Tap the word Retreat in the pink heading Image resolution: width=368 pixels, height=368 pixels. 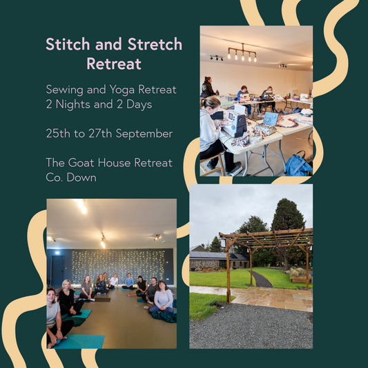(114, 64)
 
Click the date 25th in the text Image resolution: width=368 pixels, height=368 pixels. (59, 133)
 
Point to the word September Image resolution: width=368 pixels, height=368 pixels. (142, 133)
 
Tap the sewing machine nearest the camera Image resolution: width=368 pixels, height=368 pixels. (235, 123)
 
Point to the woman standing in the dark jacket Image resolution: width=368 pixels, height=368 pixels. (206, 88)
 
